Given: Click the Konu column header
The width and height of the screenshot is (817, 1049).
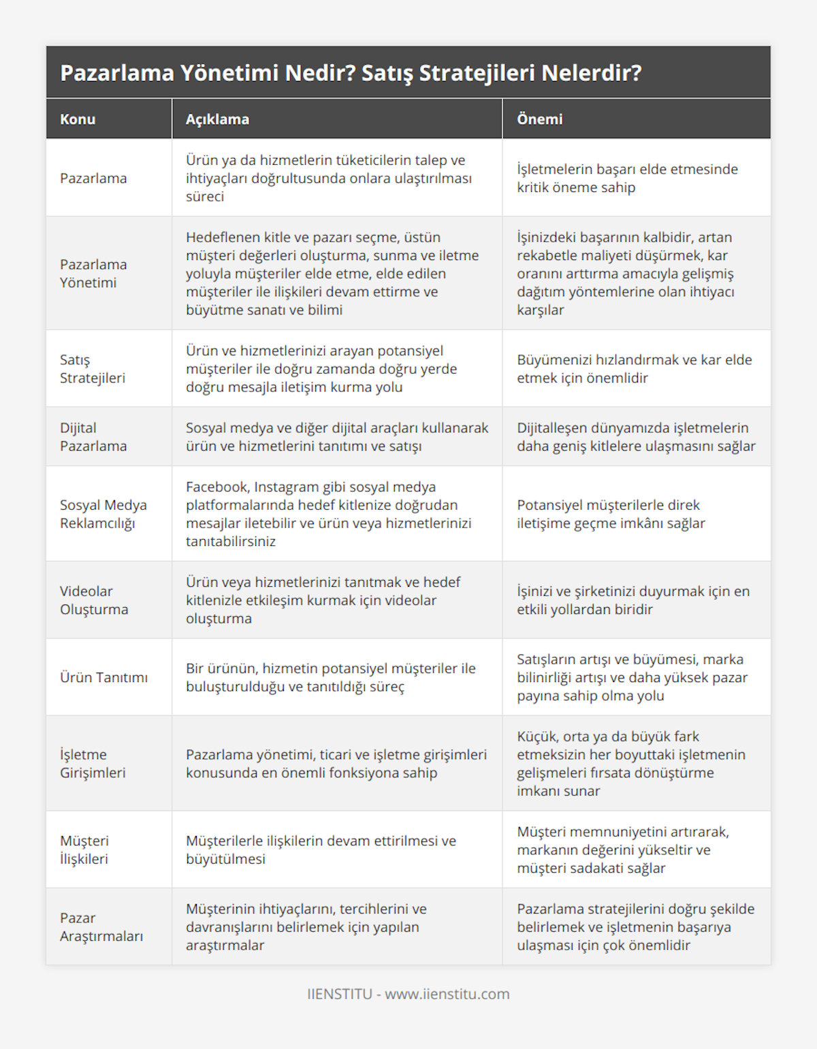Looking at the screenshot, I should (x=78, y=119).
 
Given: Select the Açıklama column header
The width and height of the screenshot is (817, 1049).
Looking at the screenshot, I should (x=217, y=119).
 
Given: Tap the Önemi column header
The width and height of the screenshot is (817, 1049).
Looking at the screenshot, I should (x=539, y=119).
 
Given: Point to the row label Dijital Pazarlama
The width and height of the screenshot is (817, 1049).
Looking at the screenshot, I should (x=93, y=436).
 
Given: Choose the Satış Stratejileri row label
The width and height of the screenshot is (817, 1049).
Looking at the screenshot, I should (x=93, y=368).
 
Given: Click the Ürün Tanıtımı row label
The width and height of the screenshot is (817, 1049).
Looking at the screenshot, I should (x=103, y=677).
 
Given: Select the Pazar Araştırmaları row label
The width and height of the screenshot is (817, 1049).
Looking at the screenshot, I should (x=101, y=926).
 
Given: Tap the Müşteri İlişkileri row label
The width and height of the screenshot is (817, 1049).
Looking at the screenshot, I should (x=84, y=850).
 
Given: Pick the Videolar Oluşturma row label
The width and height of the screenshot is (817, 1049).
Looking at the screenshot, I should (x=94, y=600).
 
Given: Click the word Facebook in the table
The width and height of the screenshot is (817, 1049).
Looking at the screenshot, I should (x=217, y=487).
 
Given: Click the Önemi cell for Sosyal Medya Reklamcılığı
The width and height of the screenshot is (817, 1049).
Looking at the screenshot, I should (x=611, y=514).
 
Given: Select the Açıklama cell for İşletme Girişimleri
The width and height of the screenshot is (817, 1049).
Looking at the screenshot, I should (x=336, y=763).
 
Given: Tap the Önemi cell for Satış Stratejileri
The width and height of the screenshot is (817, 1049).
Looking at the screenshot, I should (x=634, y=368).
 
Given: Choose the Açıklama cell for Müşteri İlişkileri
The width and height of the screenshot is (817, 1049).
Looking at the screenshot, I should (x=321, y=850).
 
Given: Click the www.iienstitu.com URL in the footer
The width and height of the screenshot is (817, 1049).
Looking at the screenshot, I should (x=447, y=994).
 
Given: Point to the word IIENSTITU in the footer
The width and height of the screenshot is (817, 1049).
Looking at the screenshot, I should (x=340, y=994).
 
